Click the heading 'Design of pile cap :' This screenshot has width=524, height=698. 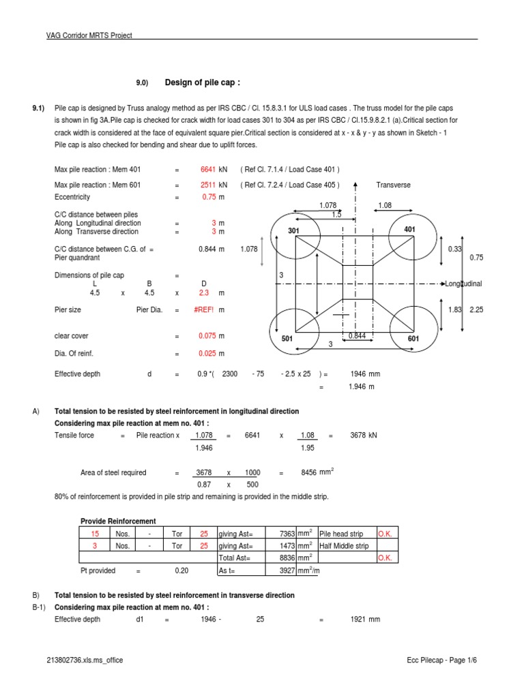tap(203, 83)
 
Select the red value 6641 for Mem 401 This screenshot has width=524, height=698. tap(207, 170)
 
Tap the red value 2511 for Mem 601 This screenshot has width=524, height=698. tap(207, 185)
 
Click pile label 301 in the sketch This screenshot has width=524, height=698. tap(294, 231)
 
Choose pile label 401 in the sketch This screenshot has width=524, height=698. tap(409, 230)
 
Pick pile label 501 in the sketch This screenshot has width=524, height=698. tap(287, 338)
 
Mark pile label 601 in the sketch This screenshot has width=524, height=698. tap(413, 339)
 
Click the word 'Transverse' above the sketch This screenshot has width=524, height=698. tap(393, 185)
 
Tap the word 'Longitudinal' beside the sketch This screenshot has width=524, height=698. tap(463, 283)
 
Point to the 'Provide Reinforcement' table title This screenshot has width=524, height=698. tap(118, 521)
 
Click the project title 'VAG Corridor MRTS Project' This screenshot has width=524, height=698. tap(89, 35)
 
